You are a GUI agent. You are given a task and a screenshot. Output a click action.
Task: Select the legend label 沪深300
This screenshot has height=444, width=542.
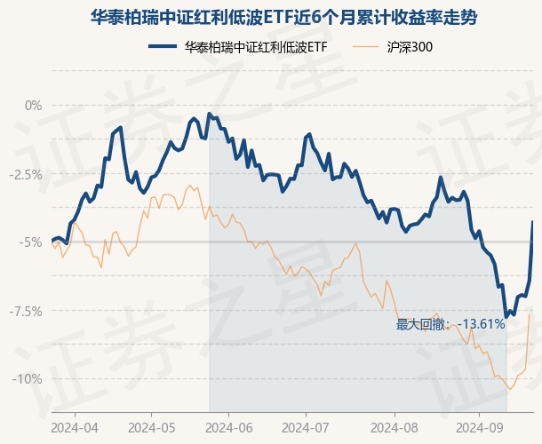point(410,46)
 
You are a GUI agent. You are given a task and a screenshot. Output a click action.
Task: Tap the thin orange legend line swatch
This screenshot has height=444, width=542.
point(368,46)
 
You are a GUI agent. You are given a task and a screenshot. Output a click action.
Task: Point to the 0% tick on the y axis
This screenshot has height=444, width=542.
point(33,106)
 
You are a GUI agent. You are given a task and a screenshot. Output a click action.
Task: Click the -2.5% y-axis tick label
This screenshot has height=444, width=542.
point(25,174)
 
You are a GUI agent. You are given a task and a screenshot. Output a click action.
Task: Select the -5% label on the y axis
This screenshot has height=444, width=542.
point(31,242)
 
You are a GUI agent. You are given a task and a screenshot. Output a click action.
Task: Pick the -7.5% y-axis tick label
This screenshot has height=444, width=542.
point(25,311)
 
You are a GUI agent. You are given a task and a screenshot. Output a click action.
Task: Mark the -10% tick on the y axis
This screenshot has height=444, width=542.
point(28,379)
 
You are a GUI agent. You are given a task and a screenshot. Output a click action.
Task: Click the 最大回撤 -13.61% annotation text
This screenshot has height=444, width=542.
point(450,324)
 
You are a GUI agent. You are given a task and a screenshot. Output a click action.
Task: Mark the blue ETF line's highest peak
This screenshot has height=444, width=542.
point(209,114)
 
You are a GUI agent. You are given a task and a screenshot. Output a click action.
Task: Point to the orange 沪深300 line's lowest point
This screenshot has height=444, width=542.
point(510,389)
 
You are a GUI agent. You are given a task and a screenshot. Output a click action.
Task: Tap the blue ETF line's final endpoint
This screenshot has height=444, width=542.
point(532,221)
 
